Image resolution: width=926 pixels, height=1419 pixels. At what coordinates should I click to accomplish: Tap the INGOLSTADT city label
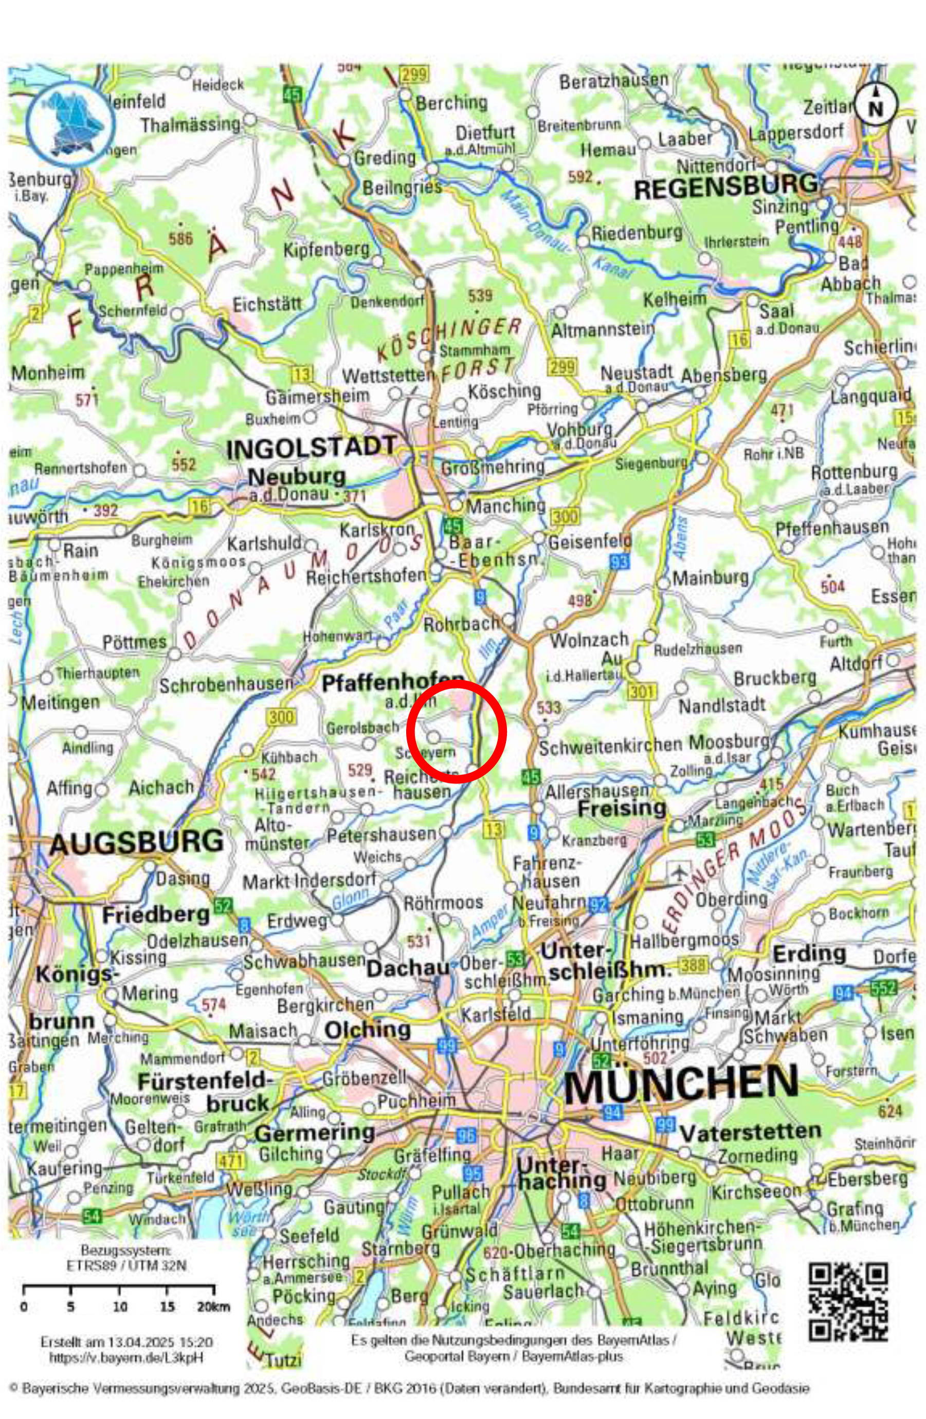point(311,448)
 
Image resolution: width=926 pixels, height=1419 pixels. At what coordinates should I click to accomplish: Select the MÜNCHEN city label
point(680,1084)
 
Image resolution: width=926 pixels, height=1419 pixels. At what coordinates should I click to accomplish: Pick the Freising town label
point(622,809)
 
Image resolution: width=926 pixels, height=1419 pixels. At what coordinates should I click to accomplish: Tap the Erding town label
point(809,955)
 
